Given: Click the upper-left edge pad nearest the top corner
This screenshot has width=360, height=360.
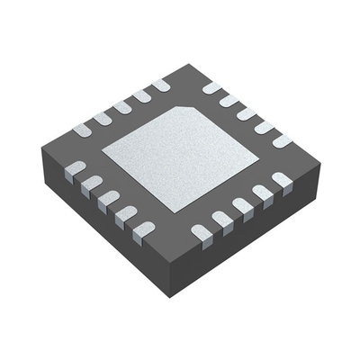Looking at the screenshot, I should pos(160,85).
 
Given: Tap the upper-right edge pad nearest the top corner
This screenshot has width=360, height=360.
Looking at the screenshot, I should pos(212,88).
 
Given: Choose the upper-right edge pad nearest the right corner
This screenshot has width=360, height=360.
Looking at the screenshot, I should pos(282,140).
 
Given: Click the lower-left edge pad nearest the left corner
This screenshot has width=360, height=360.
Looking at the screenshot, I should pos(76,168).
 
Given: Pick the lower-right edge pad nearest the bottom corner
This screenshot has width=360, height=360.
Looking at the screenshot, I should pos(201,232).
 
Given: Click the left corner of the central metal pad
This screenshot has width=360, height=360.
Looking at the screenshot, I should pos(102,153).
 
